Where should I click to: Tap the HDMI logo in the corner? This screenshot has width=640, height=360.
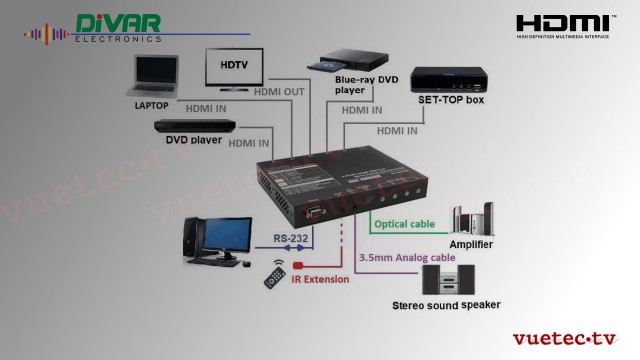[564, 25]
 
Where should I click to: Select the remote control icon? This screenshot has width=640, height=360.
[276, 275]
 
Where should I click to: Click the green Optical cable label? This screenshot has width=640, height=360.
[403, 224]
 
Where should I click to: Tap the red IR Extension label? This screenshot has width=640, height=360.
[320, 280]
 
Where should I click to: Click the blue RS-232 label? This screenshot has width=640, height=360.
[292, 239]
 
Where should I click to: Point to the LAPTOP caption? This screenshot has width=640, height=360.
[151, 104]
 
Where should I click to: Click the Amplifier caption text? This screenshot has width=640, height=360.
[471, 244]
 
